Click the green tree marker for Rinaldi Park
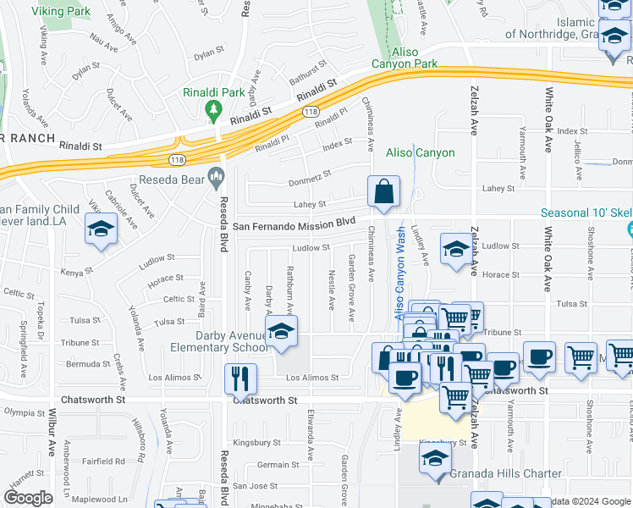click(213, 109)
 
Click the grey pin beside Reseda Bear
click(217, 179)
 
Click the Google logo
click(28, 498)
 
